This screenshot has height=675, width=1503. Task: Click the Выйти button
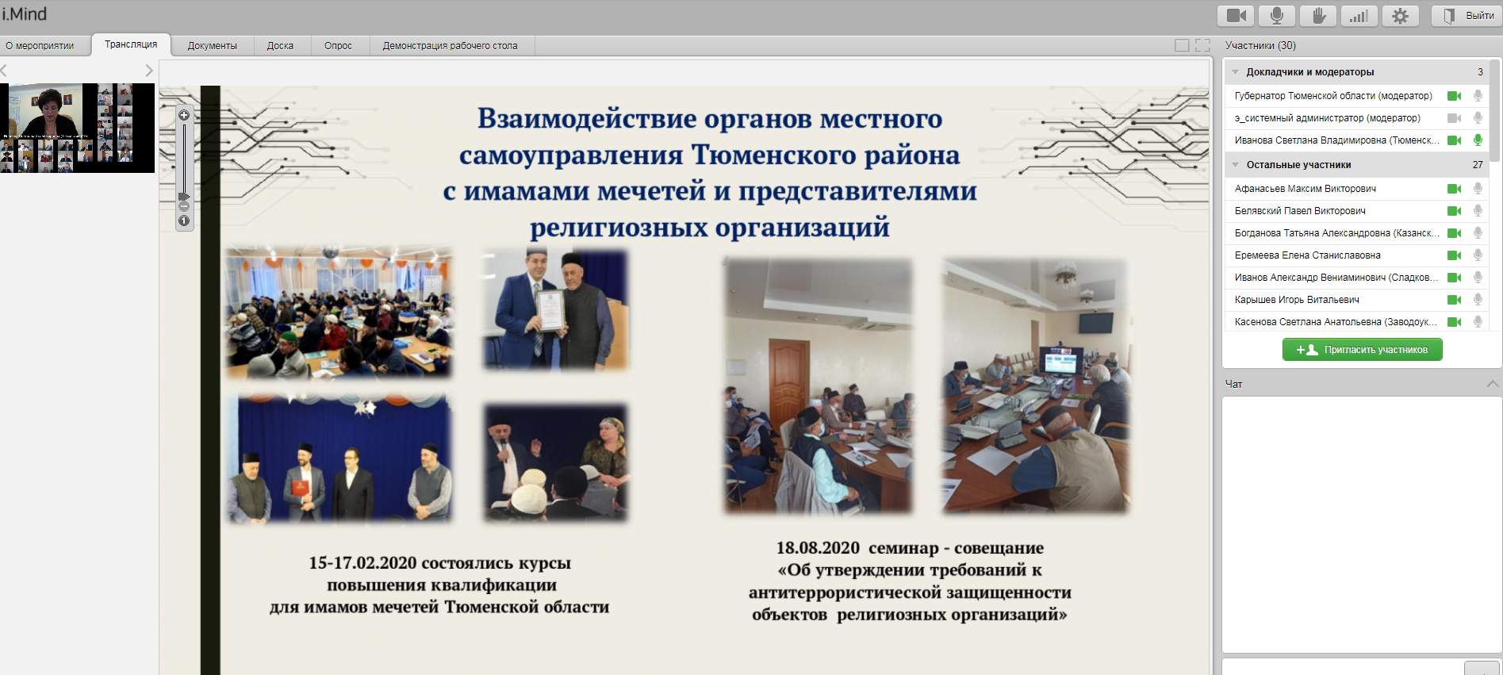[1467, 16]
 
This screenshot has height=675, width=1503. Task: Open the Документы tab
[213, 46]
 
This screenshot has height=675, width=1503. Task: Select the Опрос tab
[338, 46]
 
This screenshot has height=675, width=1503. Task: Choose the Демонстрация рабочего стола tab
[450, 46]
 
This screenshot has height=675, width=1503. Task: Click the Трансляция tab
[131, 44]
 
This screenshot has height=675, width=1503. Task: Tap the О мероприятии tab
[40, 46]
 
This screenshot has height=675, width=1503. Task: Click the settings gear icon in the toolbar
[1401, 16]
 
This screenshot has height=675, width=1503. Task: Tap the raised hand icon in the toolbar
[1318, 16]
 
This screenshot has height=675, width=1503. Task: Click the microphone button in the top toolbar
[1277, 16]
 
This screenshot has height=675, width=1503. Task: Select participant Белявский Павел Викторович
[1300, 211]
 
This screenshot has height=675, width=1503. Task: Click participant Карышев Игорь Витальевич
[1297, 300]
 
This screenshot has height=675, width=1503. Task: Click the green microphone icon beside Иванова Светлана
[1478, 140]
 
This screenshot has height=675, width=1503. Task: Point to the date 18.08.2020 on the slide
[818, 548]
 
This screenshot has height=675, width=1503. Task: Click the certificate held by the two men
[550, 310]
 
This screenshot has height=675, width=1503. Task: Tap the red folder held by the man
[300, 487]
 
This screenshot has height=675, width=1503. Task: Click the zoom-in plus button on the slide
[184, 115]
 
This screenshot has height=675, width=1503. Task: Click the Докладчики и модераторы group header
[1309, 72]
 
